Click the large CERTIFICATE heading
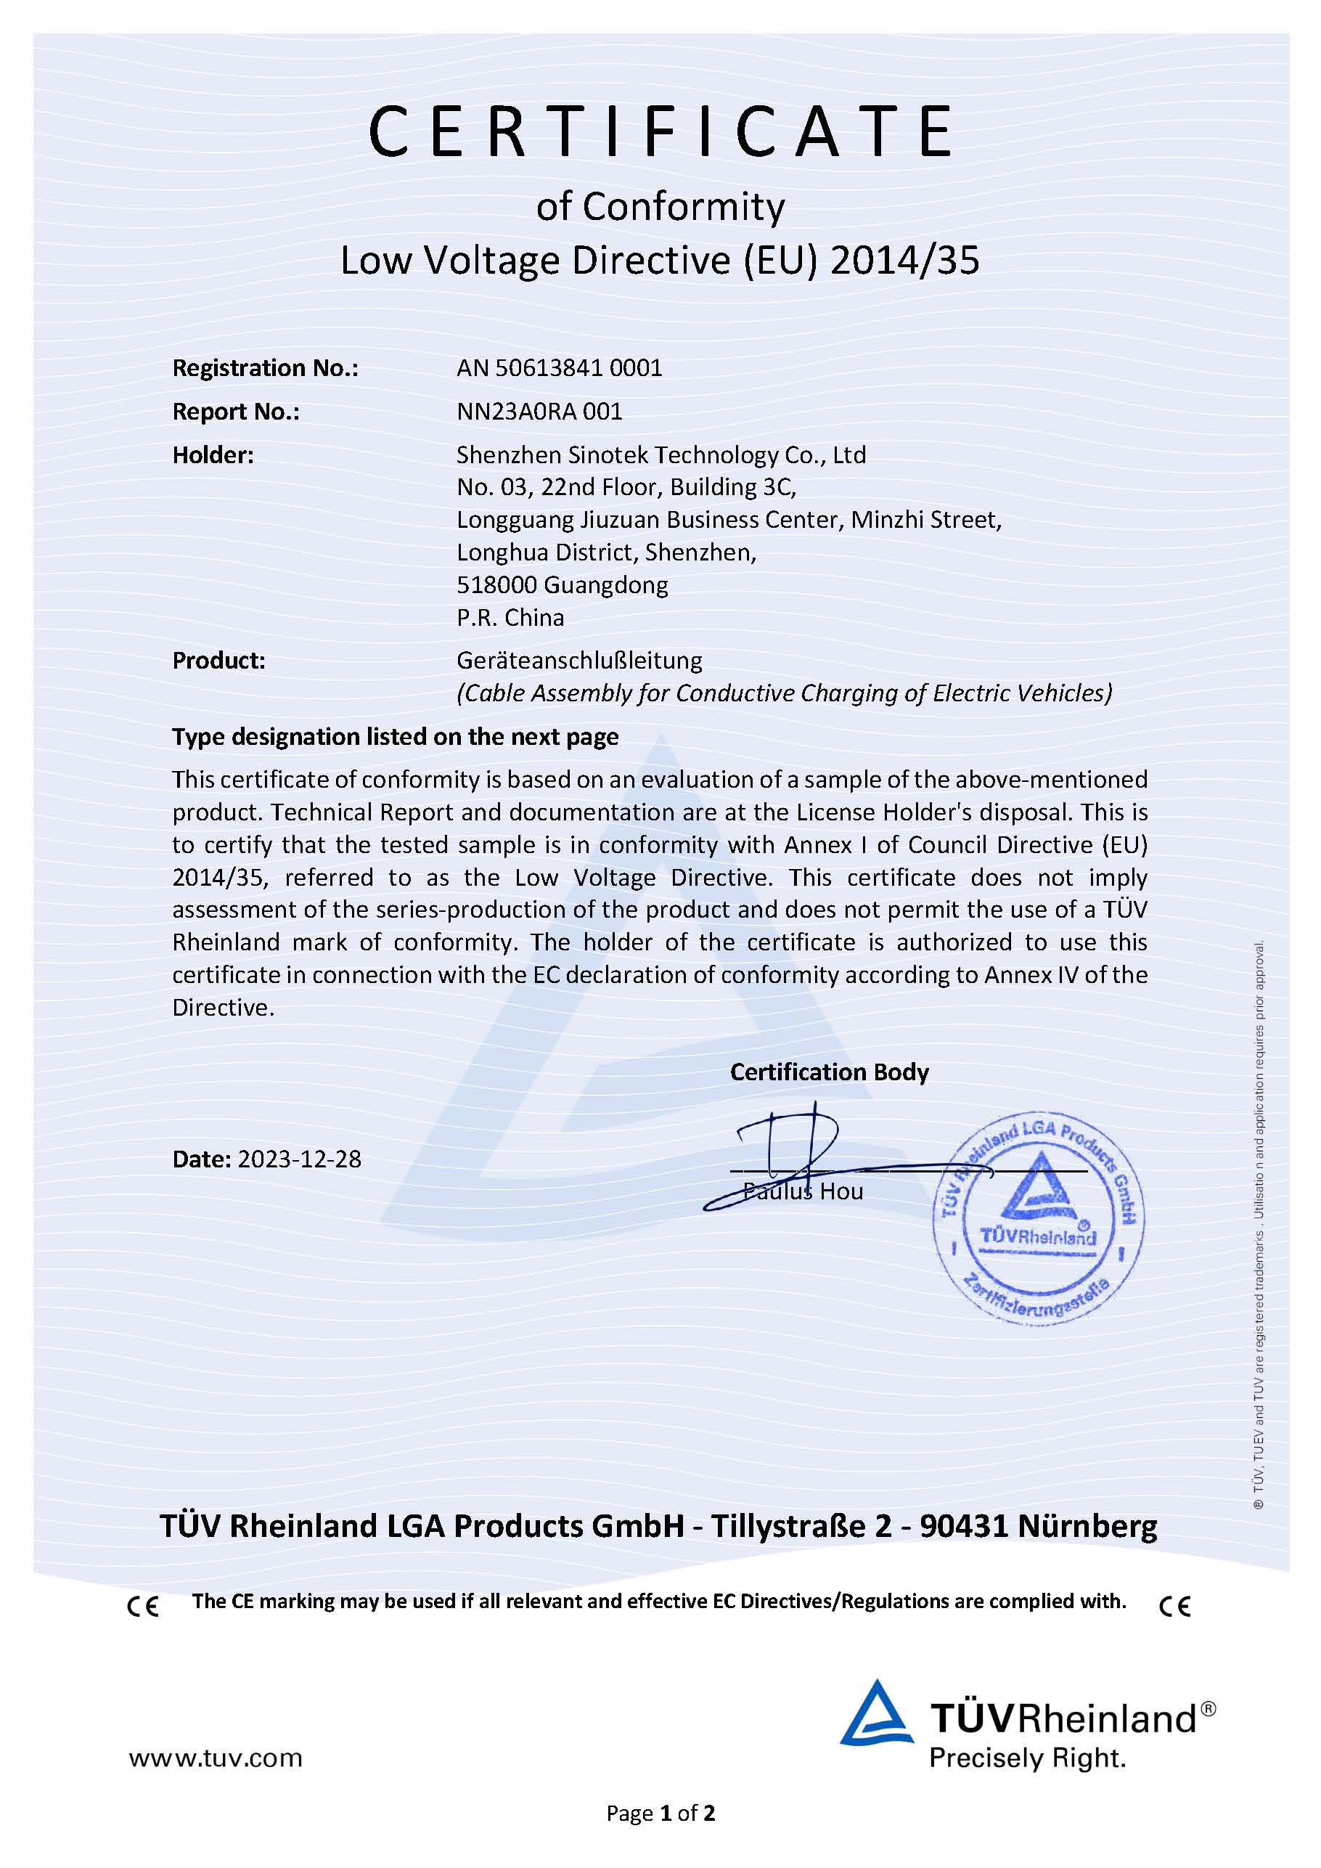click(660, 132)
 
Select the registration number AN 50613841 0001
click(560, 369)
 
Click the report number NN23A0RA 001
click(539, 412)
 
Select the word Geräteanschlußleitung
click(579, 660)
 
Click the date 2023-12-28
click(298, 1159)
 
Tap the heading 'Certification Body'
click(829, 1072)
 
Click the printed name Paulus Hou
click(803, 1192)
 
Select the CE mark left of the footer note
click(143, 1606)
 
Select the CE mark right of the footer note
click(1174, 1606)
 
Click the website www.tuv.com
click(216, 1758)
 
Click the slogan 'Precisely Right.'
click(1026, 1758)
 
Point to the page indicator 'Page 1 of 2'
click(660, 1813)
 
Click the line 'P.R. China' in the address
click(510, 618)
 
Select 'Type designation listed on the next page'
click(396, 736)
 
